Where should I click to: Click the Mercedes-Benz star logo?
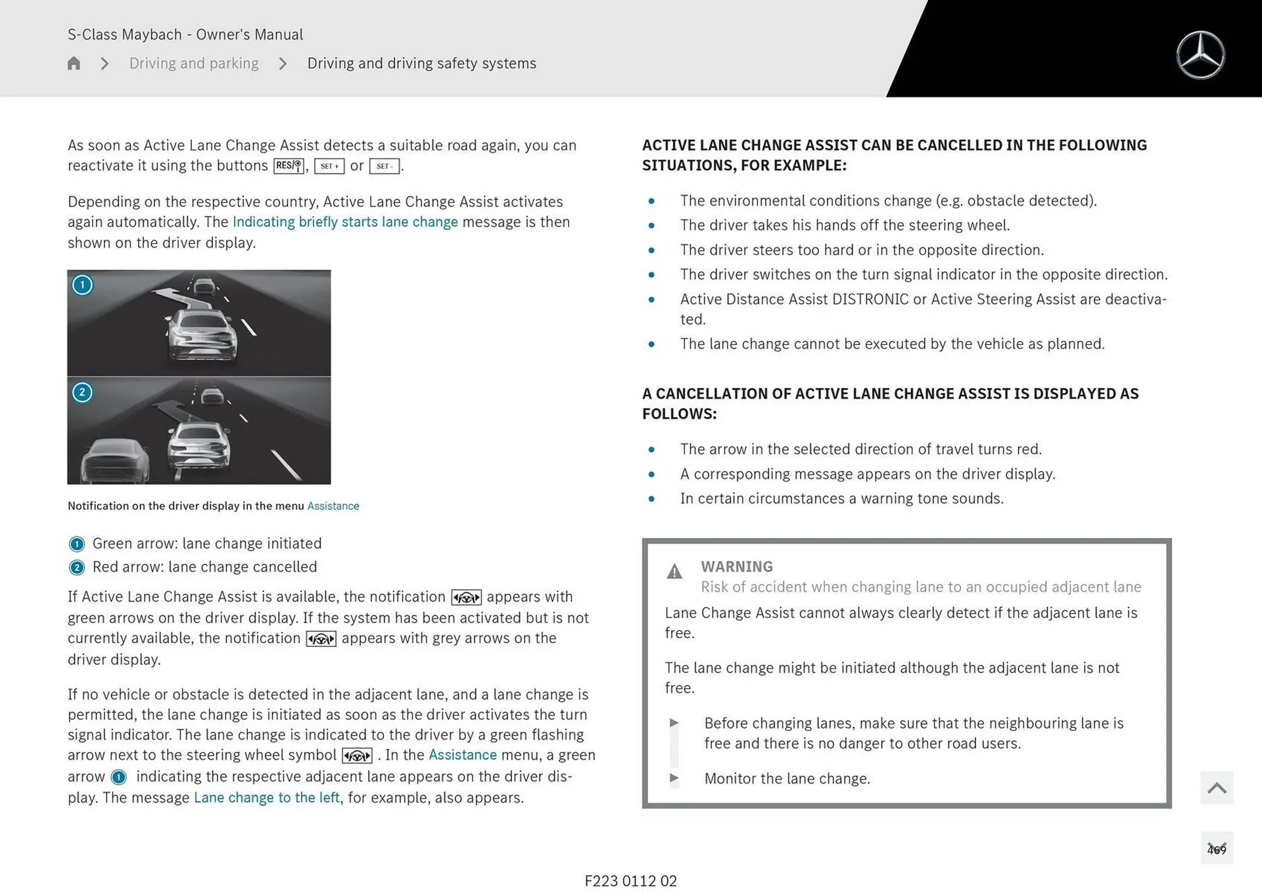pos(1200,55)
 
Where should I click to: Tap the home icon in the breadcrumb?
pos(74,63)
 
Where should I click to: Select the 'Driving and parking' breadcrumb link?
pos(194,63)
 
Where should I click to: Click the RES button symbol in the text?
pos(289,166)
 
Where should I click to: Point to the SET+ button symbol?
pos(329,166)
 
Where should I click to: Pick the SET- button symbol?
pos(385,166)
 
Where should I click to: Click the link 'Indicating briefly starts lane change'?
pos(345,222)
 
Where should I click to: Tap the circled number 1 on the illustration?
pos(82,285)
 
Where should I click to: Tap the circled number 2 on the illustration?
pos(82,393)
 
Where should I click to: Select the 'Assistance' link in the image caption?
pos(333,506)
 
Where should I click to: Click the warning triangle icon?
pos(674,571)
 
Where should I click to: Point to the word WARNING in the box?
pos(737,566)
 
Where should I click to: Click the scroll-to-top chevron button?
pos(1217,788)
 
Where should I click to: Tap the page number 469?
pos(1217,849)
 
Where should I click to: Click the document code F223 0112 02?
pos(630,881)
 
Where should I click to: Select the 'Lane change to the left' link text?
pos(267,797)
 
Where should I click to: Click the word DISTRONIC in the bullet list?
pos(870,300)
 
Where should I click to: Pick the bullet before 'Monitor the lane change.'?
pos(674,778)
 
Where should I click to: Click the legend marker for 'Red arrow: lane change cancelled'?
pos(77,568)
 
